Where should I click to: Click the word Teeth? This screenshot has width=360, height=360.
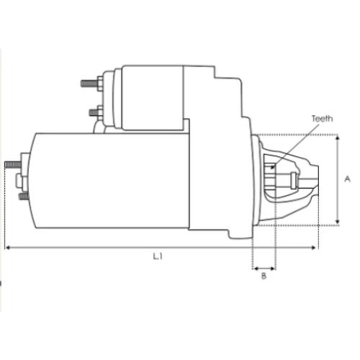[x=322, y=119]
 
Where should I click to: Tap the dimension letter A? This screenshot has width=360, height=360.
[x=346, y=179]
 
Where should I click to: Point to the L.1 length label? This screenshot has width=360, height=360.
[x=158, y=256]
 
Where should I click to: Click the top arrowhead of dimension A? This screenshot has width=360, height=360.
[x=338, y=138]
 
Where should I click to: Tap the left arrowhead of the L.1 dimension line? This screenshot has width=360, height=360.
[x=8, y=248]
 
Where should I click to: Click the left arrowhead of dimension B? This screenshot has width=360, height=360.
[x=255, y=268]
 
